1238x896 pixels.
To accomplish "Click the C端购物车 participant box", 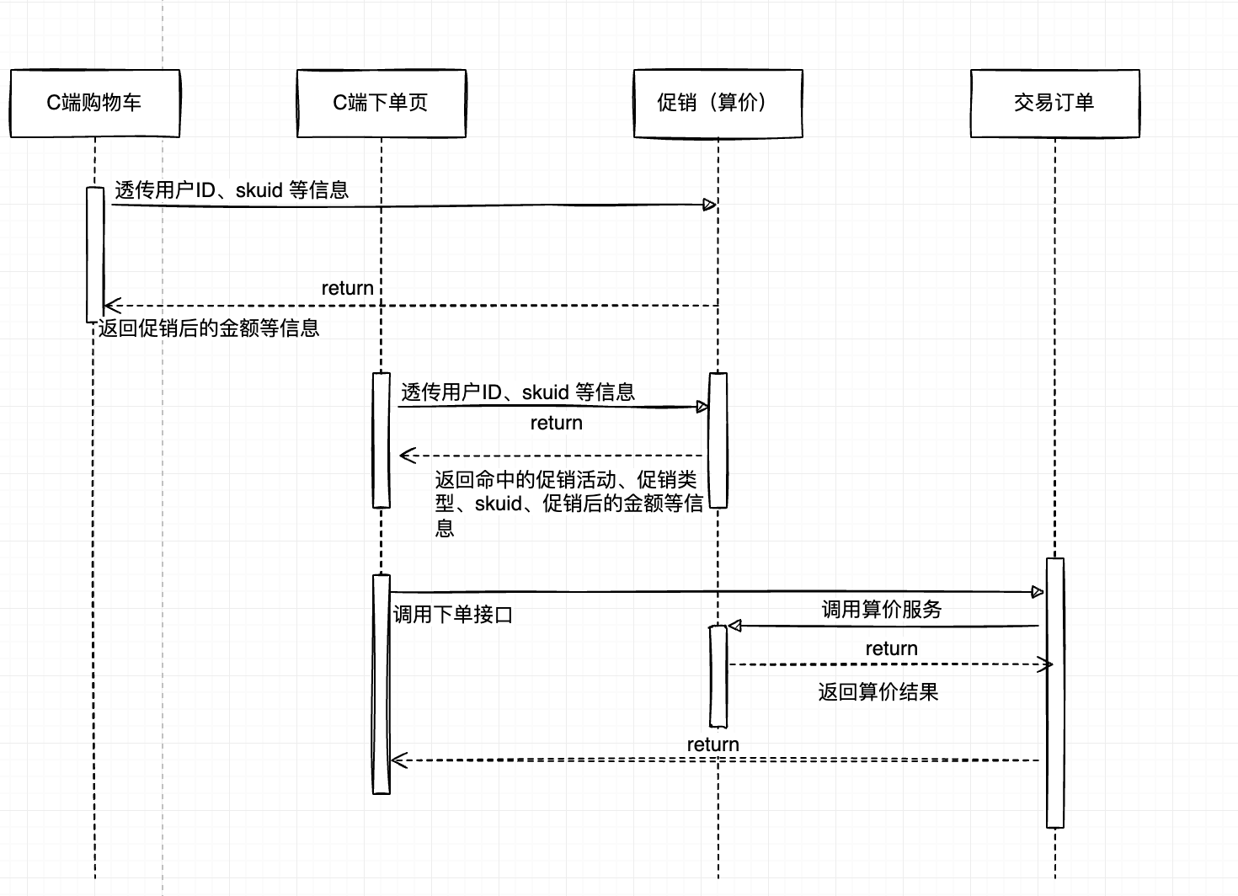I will (94, 103).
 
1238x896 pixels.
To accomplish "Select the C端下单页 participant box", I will (381, 103).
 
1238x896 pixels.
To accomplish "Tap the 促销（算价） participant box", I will (718, 103).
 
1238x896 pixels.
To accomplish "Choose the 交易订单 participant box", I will (1054, 103).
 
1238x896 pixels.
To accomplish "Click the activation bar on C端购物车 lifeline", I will (95, 253).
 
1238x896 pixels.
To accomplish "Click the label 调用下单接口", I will (453, 615).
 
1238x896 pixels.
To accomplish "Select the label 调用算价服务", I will (881, 609).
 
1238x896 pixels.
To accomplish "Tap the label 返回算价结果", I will (878, 692).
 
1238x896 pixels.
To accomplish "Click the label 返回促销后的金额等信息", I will (209, 328).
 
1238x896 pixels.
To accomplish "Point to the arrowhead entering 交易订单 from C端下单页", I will (1038, 592).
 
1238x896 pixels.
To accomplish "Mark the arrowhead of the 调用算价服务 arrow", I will (734, 626).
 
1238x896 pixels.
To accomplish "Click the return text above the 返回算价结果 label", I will (891, 648).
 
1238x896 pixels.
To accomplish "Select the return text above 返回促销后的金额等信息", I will (347, 288).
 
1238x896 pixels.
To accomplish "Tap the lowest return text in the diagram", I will (712, 744).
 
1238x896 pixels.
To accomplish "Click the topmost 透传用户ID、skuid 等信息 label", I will (232, 190).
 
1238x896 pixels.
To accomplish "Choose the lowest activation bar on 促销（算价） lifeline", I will (718, 675).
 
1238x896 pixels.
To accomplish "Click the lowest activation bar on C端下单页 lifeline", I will (382, 684).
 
